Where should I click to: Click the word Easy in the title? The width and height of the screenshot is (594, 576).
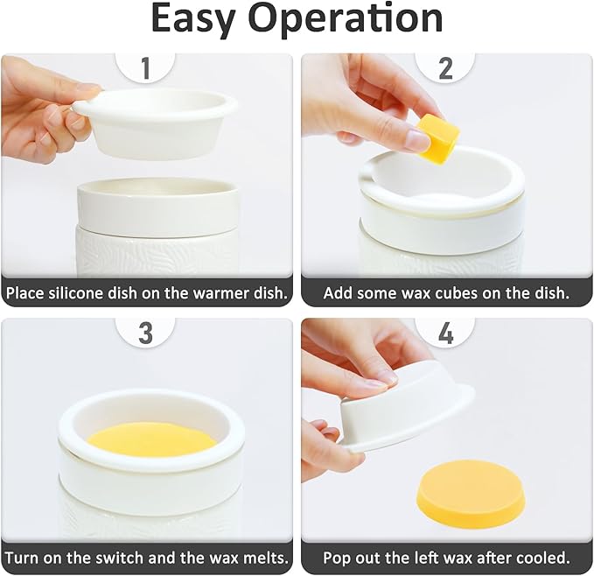pyautogui.click(x=200, y=19)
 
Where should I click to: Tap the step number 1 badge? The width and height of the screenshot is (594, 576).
pyautogui.click(x=145, y=67)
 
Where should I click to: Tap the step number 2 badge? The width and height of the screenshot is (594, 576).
pyautogui.click(x=445, y=67)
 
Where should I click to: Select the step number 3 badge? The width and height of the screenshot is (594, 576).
pyautogui.click(x=145, y=332)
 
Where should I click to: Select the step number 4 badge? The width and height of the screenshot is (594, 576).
pyautogui.click(x=445, y=332)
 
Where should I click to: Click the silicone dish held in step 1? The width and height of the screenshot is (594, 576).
pyautogui.click(x=157, y=123)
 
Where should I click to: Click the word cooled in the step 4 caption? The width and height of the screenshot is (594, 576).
pyautogui.click(x=543, y=558)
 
